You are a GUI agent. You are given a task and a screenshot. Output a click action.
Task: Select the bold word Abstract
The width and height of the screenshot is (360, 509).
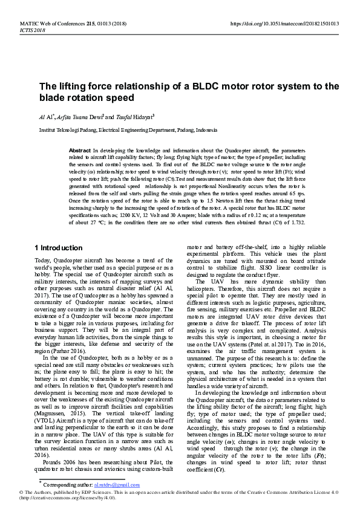80,149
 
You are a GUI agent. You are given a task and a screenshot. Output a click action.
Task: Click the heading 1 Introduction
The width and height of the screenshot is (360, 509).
59,248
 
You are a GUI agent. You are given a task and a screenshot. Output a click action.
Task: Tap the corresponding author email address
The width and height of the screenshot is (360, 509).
117,485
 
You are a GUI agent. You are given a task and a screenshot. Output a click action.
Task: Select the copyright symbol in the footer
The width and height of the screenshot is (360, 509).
21,493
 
